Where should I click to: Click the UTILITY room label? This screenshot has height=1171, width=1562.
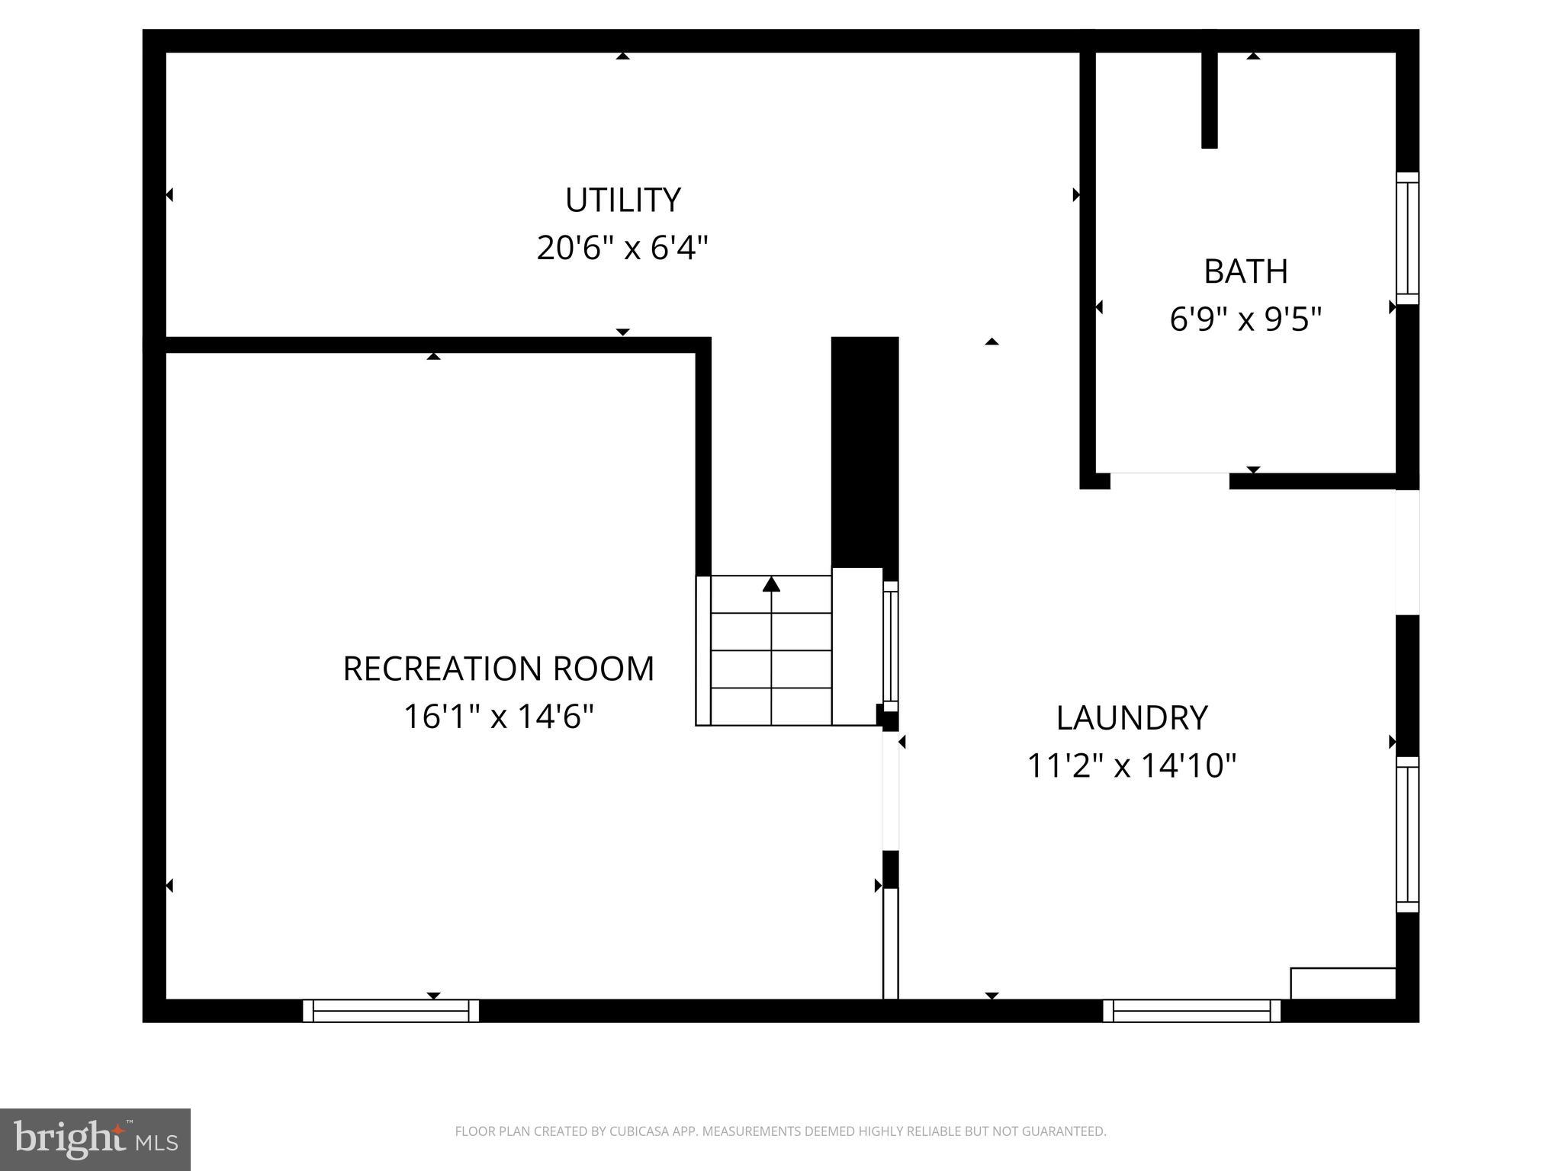click(622, 201)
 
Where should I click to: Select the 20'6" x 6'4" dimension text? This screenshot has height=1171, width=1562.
click(622, 249)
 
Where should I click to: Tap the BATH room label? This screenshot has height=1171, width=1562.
click(1245, 271)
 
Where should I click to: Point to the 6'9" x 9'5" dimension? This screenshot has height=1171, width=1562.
click(1245, 319)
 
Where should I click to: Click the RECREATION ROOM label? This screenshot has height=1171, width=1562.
click(499, 669)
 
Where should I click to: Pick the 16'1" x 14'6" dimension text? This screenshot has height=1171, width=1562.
click(499, 717)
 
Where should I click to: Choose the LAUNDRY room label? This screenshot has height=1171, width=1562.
click(1132, 717)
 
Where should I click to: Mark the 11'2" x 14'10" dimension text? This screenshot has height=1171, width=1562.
click(1132, 765)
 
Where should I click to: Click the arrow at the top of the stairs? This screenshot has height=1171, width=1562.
click(771, 585)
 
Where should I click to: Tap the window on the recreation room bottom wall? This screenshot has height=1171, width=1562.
click(390, 1011)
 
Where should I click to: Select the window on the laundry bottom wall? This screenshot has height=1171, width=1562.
click(1191, 1011)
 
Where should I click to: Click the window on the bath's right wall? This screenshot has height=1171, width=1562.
click(1407, 238)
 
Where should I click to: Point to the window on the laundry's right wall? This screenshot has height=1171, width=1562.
click(1407, 834)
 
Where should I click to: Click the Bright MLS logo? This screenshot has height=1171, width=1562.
click(95, 1140)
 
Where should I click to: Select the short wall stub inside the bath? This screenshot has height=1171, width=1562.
click(1209, 99)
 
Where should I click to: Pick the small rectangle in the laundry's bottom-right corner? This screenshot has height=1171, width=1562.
click(1342, 983)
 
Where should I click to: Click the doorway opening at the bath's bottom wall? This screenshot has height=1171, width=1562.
click(1169, 480)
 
